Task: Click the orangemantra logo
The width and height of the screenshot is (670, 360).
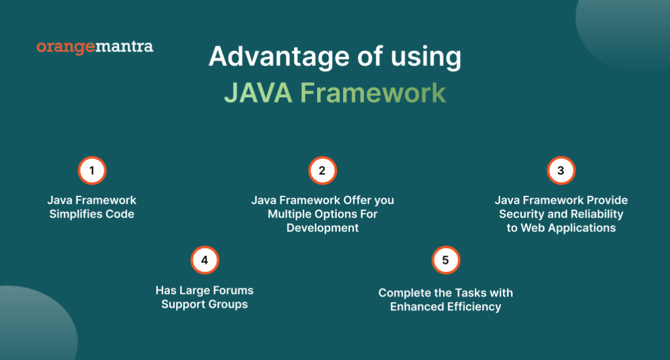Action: click(95, 47)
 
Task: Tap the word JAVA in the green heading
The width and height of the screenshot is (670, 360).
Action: click(257, 93)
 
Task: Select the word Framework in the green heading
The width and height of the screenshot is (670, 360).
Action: click(373, 93)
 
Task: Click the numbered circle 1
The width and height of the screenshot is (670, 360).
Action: click(92, 170)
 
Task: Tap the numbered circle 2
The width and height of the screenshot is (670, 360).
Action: click(322, 170)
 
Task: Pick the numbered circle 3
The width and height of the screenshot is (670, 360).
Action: click(561, 170)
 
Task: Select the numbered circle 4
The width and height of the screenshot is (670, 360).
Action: click(204, 261)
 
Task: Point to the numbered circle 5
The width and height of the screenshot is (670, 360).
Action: click(445, 261)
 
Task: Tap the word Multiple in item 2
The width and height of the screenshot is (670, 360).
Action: click(289, 214)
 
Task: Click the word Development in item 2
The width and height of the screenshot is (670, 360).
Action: click(322, 228)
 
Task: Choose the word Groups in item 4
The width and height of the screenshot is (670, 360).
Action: click(229, 304)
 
